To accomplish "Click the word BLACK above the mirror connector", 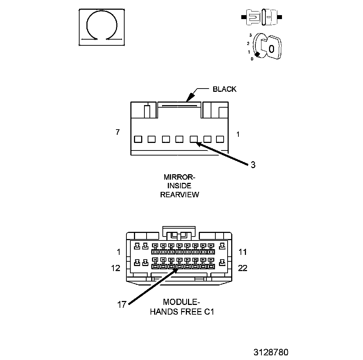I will click(224, 89).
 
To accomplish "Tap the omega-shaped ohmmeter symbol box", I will click(102, 27).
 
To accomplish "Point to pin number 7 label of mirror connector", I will click(118, 132).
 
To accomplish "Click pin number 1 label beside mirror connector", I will click(238, 134).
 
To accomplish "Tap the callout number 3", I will click(253, 165).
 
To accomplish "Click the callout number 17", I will click(122, 305).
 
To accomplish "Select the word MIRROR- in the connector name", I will click(179, 177).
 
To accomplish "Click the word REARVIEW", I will click(180, 195).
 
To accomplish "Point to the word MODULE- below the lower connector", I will click(181, 302).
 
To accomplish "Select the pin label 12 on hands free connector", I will click(116, 268).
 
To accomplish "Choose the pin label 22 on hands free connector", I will click(243, 268).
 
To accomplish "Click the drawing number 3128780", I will click(270, 352).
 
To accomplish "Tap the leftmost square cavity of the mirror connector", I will click(138, 139).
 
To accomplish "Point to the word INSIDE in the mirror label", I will click(179, 186).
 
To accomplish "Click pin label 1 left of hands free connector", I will click(119, 252).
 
